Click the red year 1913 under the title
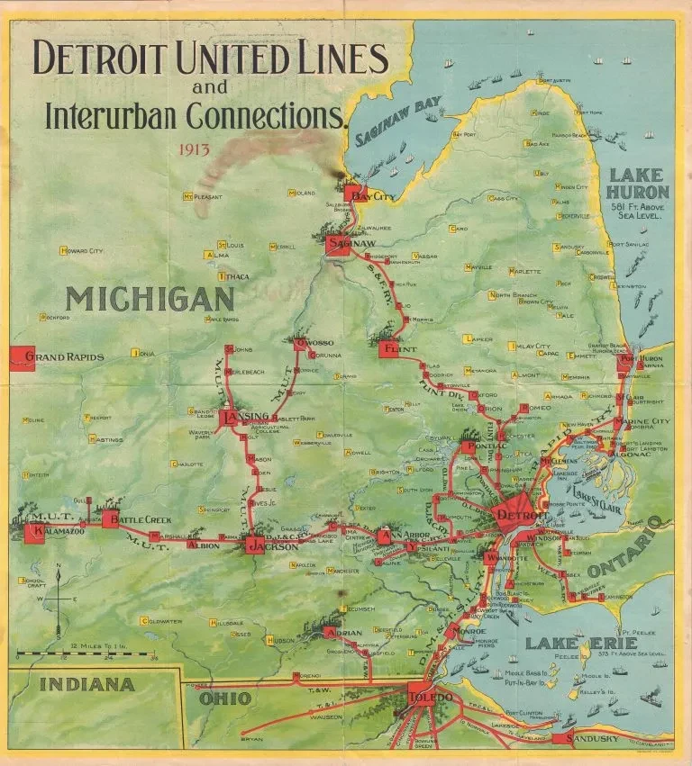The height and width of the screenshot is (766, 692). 196,149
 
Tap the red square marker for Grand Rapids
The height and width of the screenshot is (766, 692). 22,357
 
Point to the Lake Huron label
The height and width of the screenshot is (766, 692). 637,185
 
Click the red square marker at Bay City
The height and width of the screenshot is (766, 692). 352,193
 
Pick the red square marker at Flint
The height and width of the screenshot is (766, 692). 388,348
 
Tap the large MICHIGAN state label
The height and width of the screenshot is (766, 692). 150,298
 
